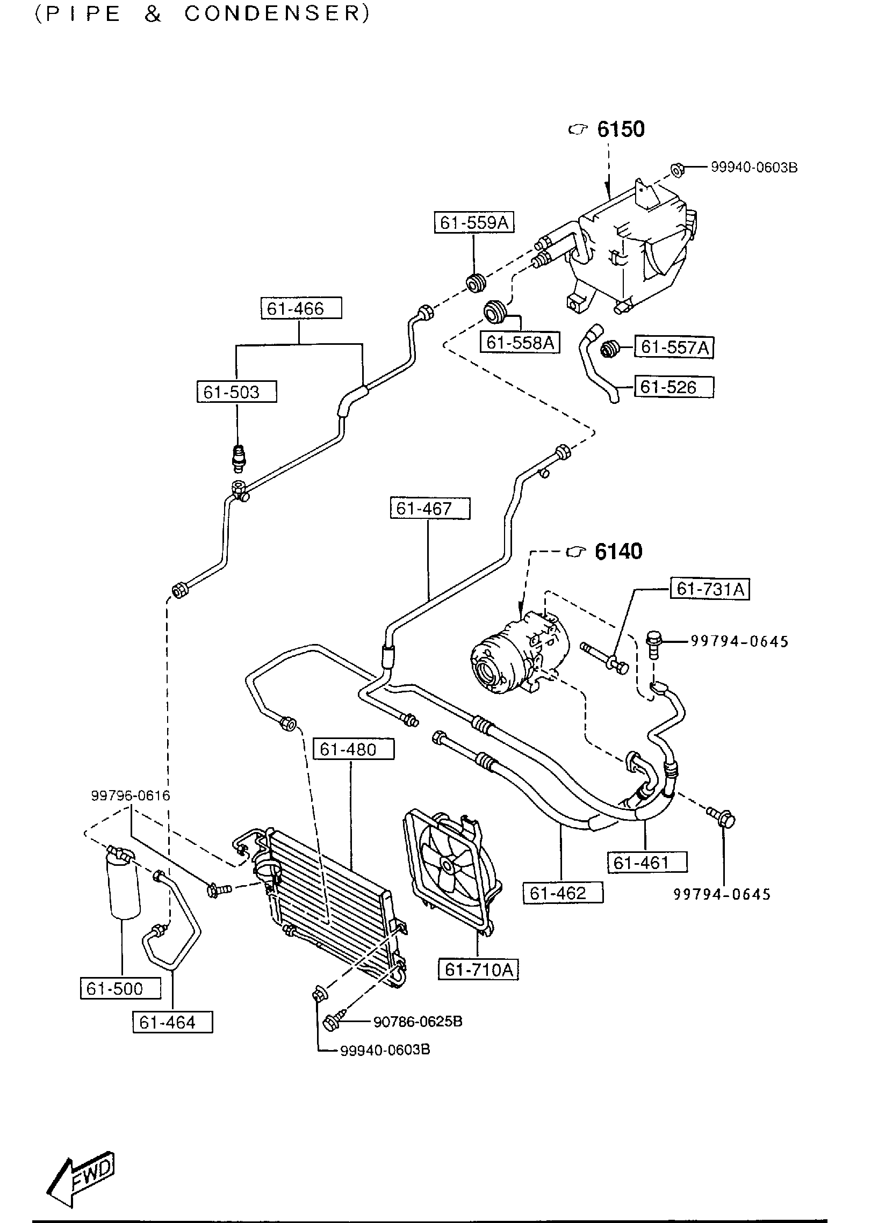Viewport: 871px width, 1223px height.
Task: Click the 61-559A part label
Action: click(474, 222)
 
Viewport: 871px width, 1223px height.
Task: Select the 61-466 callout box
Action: click(301, 309)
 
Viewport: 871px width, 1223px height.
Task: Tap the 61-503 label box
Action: click(236, 392)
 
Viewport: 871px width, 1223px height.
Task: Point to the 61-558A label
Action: click(520, 342)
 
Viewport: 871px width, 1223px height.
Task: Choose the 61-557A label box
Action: click(674, 348)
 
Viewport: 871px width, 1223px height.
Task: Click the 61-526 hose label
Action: click(674, 387)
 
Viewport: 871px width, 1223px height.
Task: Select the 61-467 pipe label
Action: click(430, 508)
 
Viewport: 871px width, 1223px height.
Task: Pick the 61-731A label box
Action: click(709, 589)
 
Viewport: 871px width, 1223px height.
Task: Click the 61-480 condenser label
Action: click(353, 749)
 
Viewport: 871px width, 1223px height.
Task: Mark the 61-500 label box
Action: click(120, 988)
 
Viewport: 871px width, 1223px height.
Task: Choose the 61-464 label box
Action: click(172, 1022)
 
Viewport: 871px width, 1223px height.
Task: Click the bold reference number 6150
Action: click(621, 129)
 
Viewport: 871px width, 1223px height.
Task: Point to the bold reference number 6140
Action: click(618, 552)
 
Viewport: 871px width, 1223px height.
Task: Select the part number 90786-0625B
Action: click(417, 1021)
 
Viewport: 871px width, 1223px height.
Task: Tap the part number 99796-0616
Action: click(131, 795)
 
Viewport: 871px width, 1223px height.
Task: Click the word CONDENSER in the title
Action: click(277, 15)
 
